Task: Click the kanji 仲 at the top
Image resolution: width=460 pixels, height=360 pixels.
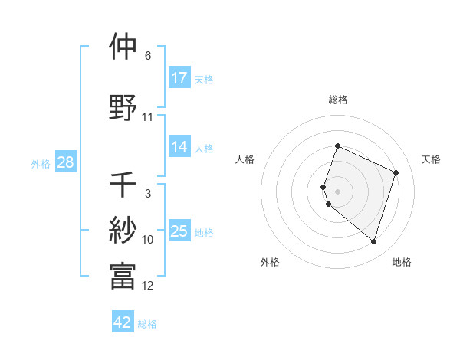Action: [123, 47]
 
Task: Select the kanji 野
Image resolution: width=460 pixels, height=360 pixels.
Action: [123, 108]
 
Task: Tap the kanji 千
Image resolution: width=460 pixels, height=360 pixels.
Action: [123, 185]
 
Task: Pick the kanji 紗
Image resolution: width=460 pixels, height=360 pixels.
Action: [123, 231]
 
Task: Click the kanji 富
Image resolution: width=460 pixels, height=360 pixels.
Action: [123, 277]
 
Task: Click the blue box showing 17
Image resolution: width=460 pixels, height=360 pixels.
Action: [179, 78]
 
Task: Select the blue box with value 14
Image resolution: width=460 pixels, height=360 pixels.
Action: [179, 147]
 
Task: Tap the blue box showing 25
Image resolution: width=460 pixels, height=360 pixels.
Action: [179, 231]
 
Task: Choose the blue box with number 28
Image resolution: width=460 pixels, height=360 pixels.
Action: [65, 162]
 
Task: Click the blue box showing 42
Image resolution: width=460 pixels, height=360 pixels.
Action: [123, 322]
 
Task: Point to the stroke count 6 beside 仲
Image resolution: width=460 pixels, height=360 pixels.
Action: [148, 56]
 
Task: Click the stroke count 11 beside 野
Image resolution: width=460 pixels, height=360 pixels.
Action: [148, 117]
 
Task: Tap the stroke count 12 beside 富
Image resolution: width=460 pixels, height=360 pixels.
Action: [148, 286]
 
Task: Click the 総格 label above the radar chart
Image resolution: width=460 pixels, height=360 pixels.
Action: [338, 100]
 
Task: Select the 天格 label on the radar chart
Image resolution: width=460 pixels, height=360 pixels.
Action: [431, 159]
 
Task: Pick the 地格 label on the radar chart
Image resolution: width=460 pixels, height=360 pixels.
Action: [402, 262]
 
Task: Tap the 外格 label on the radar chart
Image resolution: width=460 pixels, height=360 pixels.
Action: [270, 262]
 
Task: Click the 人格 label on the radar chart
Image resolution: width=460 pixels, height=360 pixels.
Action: [245, 159]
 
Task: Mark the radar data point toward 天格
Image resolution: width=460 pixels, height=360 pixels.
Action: [396, 172]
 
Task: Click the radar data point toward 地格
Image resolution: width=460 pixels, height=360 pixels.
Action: [373, 242]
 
